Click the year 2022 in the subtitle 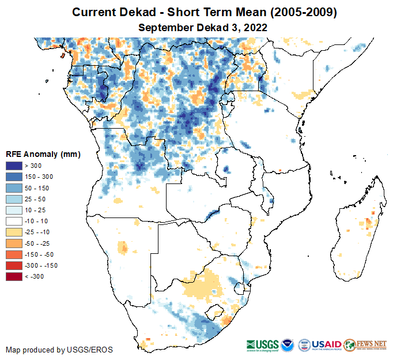point(256,27)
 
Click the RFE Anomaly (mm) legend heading point(43,155)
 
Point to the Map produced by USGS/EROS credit point(59,350)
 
